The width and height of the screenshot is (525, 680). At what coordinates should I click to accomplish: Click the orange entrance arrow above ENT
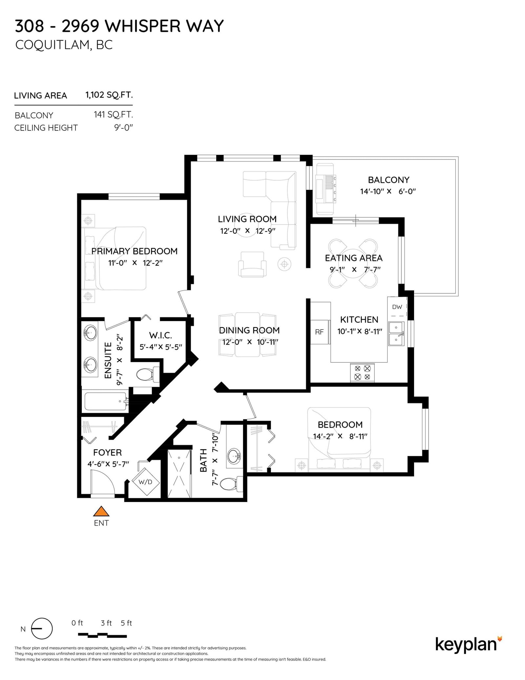[101, 512]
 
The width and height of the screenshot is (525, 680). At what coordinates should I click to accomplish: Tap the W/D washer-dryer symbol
[145, 482]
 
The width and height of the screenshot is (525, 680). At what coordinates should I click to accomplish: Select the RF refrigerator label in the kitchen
[319, 332]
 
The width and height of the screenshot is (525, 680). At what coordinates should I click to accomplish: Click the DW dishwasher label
[397, 307]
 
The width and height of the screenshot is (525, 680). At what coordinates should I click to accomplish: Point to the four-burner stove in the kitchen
[363, 372]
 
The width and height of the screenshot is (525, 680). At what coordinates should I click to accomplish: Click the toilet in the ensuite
[146, 375]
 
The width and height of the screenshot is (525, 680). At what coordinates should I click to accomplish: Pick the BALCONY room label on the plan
[388, 180]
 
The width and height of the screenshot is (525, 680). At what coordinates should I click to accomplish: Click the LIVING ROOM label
[247, 219]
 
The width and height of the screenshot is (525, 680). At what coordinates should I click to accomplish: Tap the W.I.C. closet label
[160, 335]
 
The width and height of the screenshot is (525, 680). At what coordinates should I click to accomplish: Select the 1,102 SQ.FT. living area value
[109, 95]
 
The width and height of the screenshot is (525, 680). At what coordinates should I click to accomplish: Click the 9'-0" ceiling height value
[123, 128]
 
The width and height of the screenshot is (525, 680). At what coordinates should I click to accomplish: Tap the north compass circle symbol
[42, 629]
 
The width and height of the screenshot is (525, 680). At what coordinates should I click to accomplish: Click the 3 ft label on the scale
[106, 623]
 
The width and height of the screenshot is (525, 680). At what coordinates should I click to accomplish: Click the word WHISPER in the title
[142, 26]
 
